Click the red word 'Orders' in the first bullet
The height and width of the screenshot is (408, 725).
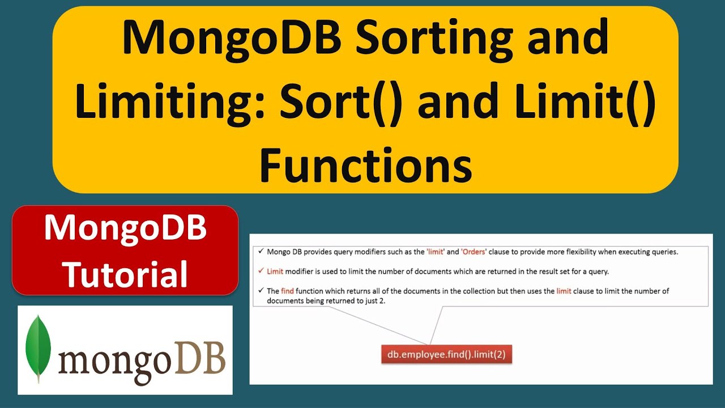[x=474, y=252]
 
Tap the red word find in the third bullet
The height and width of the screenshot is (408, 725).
[x=288, y=291]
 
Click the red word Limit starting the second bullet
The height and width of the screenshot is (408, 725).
[x=275, y=271]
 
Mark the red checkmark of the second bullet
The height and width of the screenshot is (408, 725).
[x=261, y=271]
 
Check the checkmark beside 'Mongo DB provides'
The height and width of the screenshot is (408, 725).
[x=261, y=252]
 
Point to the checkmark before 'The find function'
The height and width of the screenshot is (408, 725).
[x=261, y=290]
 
